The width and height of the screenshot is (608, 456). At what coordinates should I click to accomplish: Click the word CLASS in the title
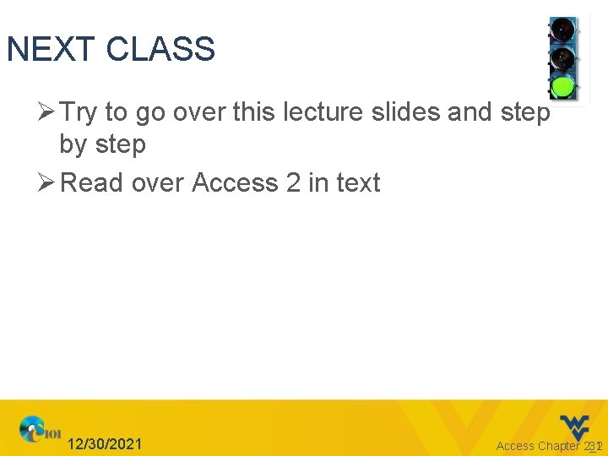pos(160,50)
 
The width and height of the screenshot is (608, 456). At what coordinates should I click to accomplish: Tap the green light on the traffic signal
pos(562,86)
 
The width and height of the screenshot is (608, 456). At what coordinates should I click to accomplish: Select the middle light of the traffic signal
pos(562,59)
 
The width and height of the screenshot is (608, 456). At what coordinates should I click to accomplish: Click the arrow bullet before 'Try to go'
pos(48,111)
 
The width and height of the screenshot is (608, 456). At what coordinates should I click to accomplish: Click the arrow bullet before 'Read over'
pos(48,182)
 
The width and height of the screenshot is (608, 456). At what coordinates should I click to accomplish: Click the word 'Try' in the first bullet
pos(79,111)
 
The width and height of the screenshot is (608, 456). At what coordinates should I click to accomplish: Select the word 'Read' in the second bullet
pos(91,182)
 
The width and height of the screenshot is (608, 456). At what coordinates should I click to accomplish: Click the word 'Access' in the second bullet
pos(235,182)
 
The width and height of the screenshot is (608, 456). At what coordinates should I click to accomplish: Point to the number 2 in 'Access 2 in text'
pos(293,182)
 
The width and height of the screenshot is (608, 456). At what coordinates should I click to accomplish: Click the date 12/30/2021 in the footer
pos(105,444)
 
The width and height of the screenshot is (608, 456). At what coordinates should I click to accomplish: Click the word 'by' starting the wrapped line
pos(72,145)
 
